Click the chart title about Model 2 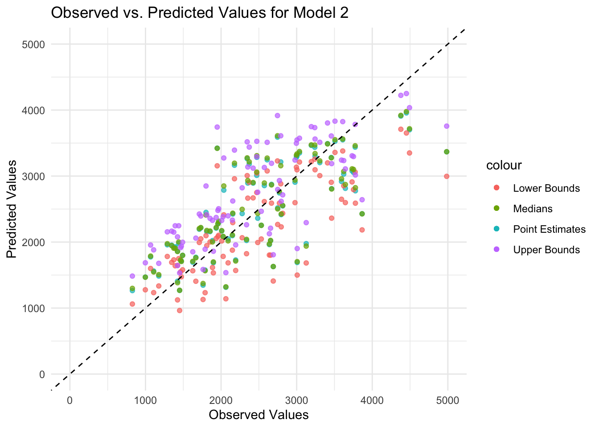(x=200, y=12)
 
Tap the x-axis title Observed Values (x=258, y=415)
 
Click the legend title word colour (x=504, y=165)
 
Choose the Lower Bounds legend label (x=546, y=188)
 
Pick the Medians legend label (x=533, y=209)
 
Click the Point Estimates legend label (x=549, y=229)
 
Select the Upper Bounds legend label (x=546, y=250)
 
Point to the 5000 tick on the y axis (x=36, y=44)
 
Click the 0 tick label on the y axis (x=42, y=374)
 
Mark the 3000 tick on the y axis (x=36, y=176)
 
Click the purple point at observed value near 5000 (x=447, y=126)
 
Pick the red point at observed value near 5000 (x=447, y=176)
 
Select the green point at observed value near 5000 (x=447, y=152)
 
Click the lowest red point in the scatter (x=180, y=310)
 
